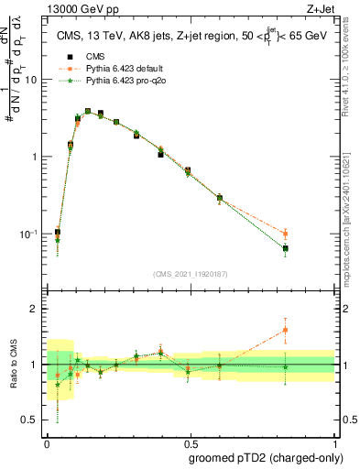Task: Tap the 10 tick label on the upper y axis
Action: pyautogui.click(x=30, y=80)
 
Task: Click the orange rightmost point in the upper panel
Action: pyautogui.click(x=286, y=234)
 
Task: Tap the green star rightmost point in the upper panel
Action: pyautogui.click(x=286, y=248)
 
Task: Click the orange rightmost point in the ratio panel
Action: pyautogui.click(x=286, y=330)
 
